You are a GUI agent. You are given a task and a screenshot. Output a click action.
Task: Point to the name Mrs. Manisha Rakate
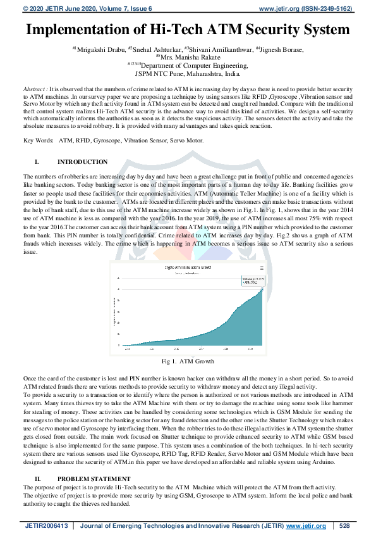[x=188, y=57]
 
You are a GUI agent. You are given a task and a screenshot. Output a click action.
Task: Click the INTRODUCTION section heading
[x=82, y=163]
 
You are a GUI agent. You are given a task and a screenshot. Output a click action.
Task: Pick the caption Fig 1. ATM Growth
[x=188, y=361]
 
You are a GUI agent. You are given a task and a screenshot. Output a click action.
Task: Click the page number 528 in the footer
[x=344, y=525]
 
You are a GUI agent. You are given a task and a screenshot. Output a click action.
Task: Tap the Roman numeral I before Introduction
[x=37, y=163]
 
